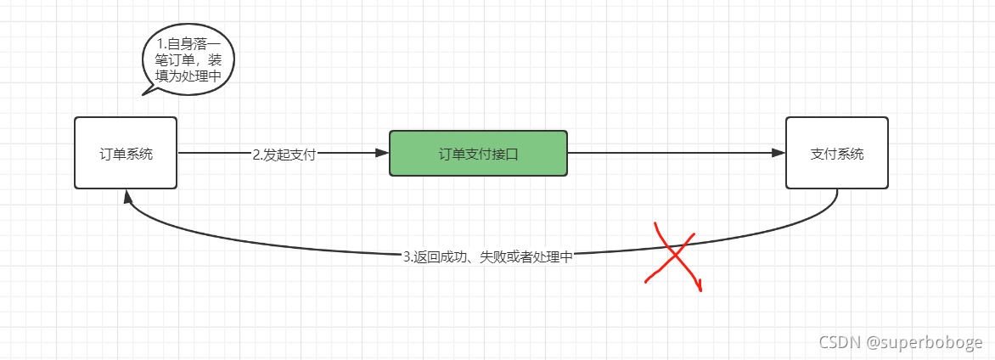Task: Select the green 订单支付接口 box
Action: [x=478, y=153]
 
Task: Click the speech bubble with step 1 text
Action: [x=188, y=59]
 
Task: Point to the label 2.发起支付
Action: [x=284, y=155]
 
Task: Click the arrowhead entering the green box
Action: [x=382, y=153]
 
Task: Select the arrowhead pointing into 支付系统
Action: [x=779, y=153]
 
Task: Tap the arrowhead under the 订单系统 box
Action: [x=127, y=196]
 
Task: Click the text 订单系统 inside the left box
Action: [x=126, y=155]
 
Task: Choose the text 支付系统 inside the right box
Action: [x=836, y=155]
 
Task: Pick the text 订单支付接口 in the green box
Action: [x=478, y=155]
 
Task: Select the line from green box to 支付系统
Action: [x=671, y=153]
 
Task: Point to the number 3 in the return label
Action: [x=407, y=256]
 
